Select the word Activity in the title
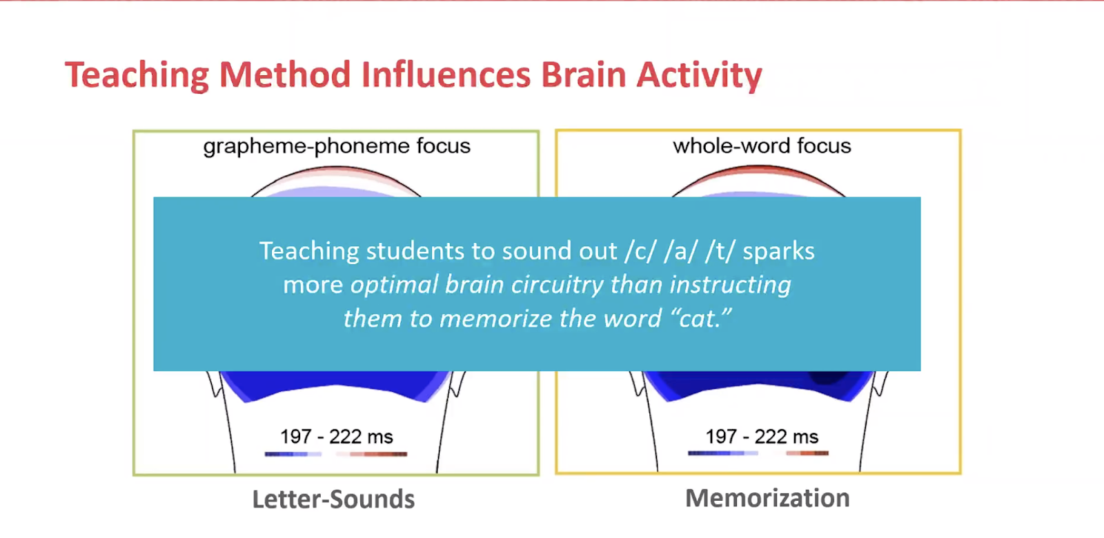tap(700, 76)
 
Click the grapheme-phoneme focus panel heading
tap(337, 146)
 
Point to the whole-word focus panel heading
tap(762, 146)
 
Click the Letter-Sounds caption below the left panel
tap(334, 499)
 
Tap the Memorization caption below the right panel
tap(767, 497)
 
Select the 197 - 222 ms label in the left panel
tap(337, 437)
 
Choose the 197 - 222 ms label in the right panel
tap(762, 437)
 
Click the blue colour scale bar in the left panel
tap(293, 454)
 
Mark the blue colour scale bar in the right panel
tap(722, 452)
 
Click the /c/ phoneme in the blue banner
tap(641, 251)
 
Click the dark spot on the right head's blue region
tap(829, 377)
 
